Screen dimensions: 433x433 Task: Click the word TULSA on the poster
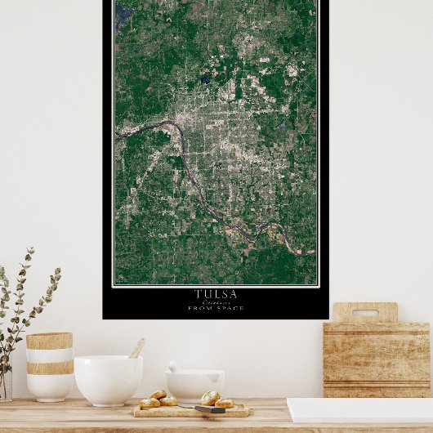click(216, 294)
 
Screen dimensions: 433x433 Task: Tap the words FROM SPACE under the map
click(216, 308)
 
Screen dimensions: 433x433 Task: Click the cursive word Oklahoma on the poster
click(216, 301)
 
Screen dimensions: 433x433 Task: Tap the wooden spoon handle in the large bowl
click(136, 349)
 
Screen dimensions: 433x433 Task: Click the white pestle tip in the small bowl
click(173, 367)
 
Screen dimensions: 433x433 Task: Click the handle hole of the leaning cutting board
click(364, 313)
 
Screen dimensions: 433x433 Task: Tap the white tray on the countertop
click(359, 409)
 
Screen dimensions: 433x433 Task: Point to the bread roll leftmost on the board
click(150, 403)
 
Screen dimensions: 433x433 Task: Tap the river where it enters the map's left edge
click(118, 136)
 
